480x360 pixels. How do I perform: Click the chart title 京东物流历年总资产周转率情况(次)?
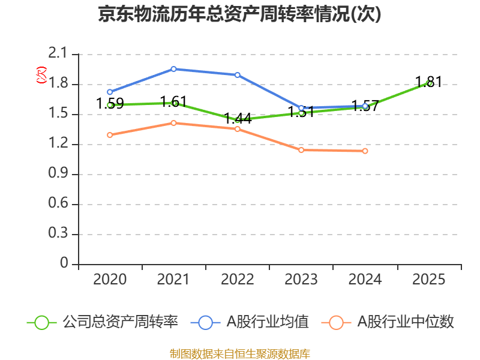pyautogui.click(x=239, y=14)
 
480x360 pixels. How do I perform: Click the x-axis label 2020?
pyautogui.click(x=110, y=280)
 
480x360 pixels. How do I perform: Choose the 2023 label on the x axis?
pyautogui.click(x=301, y=280)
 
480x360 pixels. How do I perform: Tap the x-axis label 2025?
pyautogui.click(x=429, y=280)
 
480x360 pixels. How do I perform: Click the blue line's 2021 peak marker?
pyautogui.click(x=173, y=69)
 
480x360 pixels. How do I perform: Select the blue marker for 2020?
pyautogui.click(x=110, y=92)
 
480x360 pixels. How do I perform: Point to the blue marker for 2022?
pyautogui.click(x=238, y=75)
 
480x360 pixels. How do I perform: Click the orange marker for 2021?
pyautogui.click(x=173, y=123)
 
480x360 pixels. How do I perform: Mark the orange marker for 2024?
pyautogui.click(x=365, y=151)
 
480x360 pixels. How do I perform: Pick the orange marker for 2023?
pyautogui.click(x=301, y=150)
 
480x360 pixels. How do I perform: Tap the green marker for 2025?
pyautogui.click(x=429, y=83)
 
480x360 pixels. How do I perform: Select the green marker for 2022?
pyautogui.click(x=238, y=120)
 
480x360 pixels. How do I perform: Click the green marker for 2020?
pyautogui.click(x=110, y=105)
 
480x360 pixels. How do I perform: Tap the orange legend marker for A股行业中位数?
pyautogui.click(x=337, y=322)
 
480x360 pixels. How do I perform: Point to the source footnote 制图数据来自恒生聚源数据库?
pyautogui.click(x=239, y=353)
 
